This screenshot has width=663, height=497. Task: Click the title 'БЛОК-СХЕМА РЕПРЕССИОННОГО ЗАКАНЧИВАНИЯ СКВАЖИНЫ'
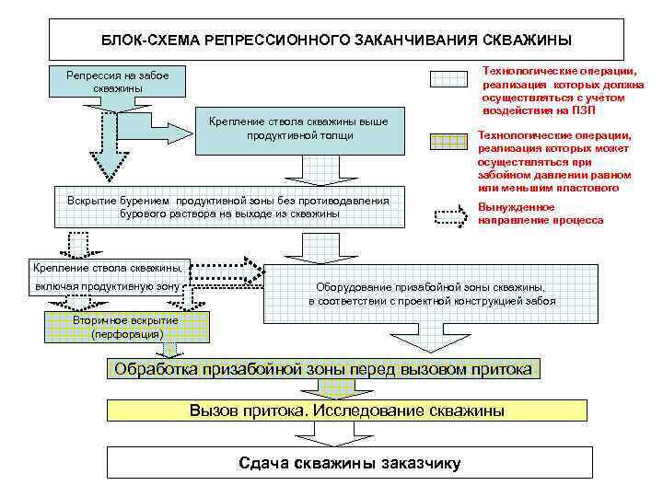[335, 40]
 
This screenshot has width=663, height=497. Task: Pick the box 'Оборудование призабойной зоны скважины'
[431, 294]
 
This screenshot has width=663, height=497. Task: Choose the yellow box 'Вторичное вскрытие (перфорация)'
[127, 327]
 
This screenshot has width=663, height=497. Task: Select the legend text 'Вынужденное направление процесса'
[541, 214]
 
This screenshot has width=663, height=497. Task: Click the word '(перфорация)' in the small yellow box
[127, 333]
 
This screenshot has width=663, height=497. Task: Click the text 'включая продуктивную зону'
[107, 287]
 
